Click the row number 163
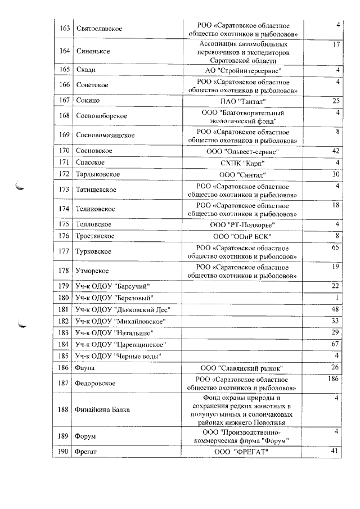(64, 28)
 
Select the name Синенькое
(93, 51)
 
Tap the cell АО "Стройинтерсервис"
(242, 70)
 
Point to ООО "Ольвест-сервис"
(242, 151)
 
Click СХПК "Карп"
(242, 163)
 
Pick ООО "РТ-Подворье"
(242, 224)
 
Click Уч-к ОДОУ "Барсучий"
(112, 286)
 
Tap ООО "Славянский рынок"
(242, 368)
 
